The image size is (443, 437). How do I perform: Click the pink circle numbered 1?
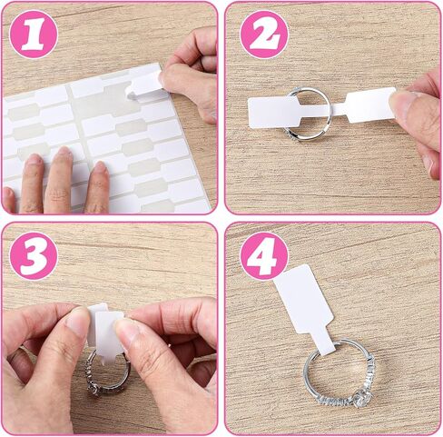[34, 35]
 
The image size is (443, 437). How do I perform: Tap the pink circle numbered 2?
[264, 35]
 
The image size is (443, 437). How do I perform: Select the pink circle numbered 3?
[34, 256]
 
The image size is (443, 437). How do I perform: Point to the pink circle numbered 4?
[264, 256]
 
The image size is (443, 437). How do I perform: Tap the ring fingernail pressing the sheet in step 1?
[34, 161]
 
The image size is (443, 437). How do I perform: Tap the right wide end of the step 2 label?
[370, 105]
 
